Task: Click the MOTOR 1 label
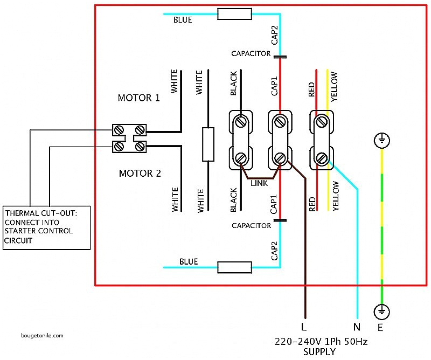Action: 139,98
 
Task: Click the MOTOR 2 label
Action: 139,174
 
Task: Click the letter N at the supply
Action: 357,327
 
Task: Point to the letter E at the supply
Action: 380,327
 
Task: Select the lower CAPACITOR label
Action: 251,225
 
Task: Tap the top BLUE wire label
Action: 182,20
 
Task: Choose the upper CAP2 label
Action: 274,34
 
